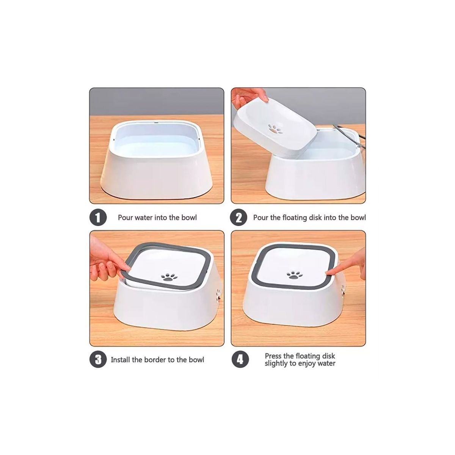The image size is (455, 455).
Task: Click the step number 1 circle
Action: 98,218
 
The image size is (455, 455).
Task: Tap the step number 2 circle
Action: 238,218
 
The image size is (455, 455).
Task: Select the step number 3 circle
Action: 98,359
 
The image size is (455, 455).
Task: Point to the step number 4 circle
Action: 240,359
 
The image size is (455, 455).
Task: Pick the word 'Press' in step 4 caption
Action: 273,356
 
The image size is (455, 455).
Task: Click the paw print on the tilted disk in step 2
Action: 275,129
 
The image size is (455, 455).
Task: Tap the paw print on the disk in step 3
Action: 169,277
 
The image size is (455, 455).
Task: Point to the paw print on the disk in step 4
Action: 295,275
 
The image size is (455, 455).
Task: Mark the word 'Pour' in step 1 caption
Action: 126,218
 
